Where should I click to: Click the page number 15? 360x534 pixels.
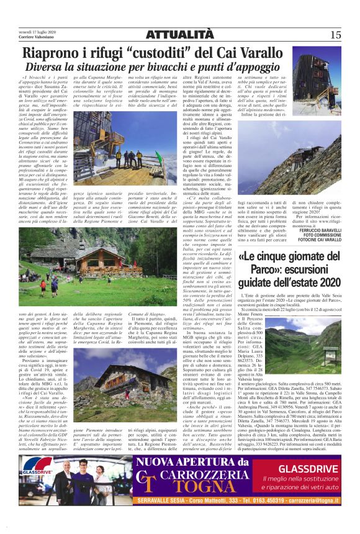pos(335,35)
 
